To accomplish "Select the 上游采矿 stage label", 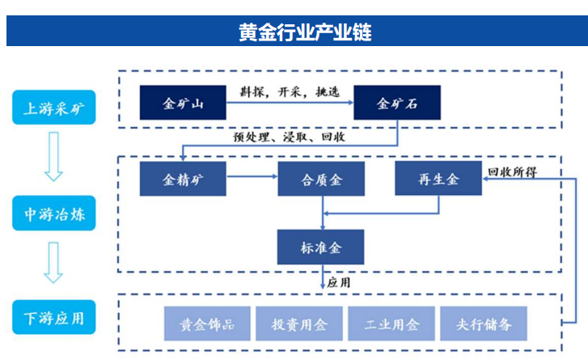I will point(53,107).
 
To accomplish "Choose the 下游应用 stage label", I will point(53,317).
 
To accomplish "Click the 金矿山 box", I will point(183,104).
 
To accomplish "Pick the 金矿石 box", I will point(397,104).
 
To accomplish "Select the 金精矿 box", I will point(183,179).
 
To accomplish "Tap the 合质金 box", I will point(321,179).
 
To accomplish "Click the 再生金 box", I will point(438,179).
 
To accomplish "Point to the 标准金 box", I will point(321,246).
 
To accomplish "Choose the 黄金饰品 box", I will point(207,324).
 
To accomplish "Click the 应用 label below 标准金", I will point(341,282).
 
